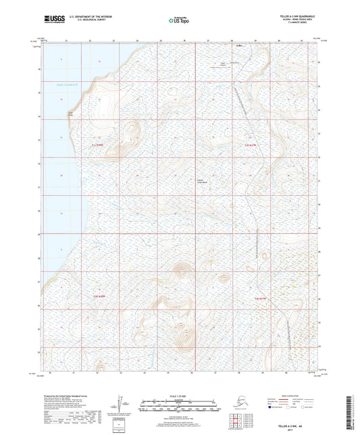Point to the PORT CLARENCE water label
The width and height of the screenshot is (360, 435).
point(68,84)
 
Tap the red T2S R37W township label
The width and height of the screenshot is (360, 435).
point(250,145)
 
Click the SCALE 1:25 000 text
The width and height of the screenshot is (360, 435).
point(179,394)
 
